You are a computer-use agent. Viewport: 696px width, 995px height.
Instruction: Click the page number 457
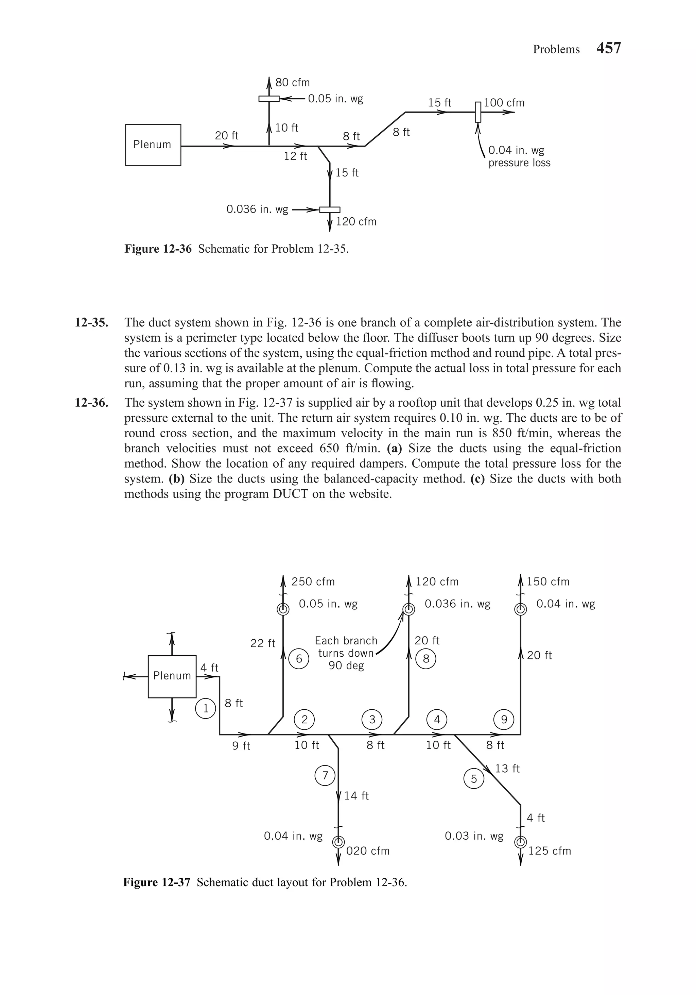pos(609,48)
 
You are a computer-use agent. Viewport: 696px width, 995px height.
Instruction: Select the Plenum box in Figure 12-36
pos(153,145)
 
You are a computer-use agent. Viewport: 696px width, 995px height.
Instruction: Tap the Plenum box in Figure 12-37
pos(172,676)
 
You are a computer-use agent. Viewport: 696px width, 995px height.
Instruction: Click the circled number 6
pos(299,659)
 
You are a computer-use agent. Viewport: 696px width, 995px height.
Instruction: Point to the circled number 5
pos(474,779)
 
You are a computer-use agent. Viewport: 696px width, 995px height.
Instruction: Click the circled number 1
pos(206,709)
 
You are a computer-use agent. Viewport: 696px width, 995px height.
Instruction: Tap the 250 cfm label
pos(313,581)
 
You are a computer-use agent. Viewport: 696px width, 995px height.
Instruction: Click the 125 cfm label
pos(549,851)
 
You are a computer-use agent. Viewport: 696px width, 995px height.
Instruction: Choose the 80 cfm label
pos(292,82)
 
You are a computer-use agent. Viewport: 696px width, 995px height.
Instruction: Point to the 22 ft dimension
pos(262,643)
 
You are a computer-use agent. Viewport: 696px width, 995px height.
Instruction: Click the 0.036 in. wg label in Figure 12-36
pos(257,210)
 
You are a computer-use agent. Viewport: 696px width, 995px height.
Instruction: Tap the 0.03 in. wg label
pos(474,836)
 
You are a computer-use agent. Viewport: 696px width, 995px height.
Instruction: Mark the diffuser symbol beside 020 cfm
pos(338,842)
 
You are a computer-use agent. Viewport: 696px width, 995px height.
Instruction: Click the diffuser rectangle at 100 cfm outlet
pos(478,112)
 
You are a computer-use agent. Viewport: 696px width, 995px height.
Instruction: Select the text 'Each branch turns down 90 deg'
pos(346,653)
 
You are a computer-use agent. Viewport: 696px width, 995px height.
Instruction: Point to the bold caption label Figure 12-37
pos(156,882)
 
